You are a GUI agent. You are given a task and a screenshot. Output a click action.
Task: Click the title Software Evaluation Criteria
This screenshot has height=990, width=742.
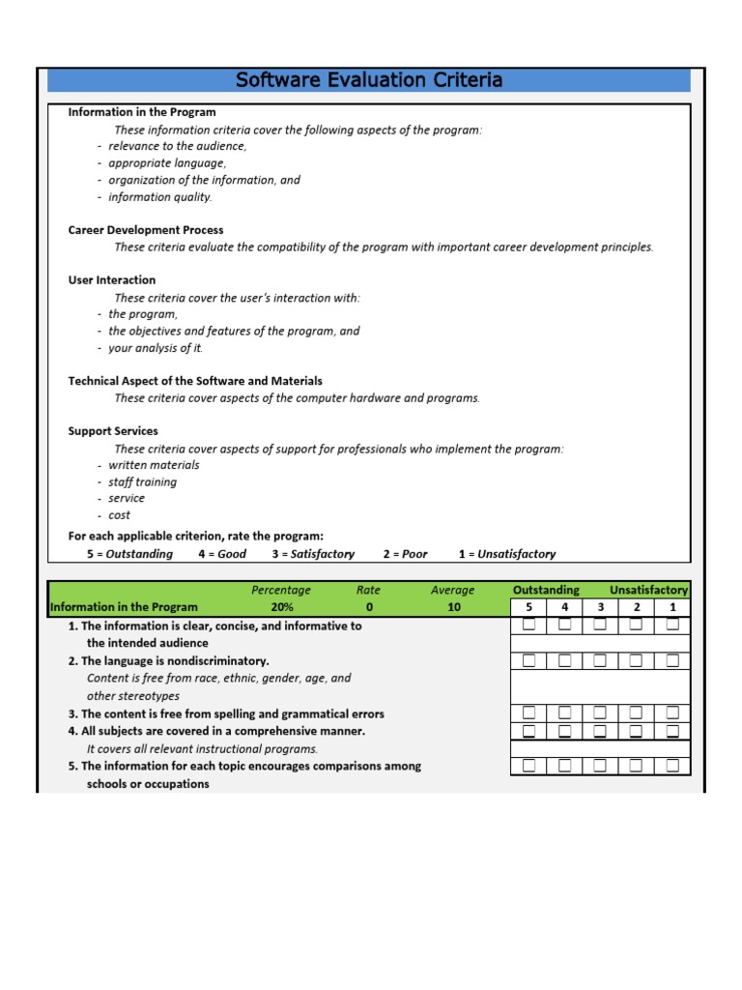369,80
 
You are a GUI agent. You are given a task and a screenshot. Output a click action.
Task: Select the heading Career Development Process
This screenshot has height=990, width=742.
145,230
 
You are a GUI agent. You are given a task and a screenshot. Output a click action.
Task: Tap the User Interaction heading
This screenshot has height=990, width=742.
111,280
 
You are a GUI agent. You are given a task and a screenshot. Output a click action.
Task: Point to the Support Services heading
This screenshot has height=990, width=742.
113,431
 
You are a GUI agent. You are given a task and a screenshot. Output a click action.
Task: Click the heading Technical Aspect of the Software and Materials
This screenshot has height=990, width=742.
195,381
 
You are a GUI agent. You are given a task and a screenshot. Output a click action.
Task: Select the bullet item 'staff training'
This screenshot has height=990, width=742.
142,481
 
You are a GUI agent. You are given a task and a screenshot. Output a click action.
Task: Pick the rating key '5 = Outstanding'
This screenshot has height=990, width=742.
129,554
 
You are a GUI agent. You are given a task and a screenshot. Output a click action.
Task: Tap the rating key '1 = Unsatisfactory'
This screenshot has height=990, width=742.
506,554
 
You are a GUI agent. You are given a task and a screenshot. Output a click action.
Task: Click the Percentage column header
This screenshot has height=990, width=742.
281,590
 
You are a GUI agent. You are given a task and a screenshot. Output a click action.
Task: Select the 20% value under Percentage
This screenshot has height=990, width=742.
281,607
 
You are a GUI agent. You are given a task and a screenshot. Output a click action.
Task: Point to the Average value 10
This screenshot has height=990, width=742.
453,607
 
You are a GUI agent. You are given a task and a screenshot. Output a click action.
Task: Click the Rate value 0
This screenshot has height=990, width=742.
368,607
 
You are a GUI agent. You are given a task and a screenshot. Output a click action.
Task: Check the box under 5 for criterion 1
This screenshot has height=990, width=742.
528,625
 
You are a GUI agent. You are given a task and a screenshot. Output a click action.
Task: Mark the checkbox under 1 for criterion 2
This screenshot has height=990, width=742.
672,660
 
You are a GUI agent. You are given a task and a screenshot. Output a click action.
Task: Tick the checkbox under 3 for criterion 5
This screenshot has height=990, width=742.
600,766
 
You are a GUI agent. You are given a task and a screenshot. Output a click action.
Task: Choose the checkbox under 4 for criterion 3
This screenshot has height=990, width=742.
564,713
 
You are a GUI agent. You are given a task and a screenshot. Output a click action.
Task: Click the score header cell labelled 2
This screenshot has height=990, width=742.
636,607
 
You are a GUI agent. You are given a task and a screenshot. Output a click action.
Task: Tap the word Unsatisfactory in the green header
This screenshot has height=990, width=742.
648,590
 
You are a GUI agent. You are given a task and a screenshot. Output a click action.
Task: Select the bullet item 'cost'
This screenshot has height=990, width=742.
119,515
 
